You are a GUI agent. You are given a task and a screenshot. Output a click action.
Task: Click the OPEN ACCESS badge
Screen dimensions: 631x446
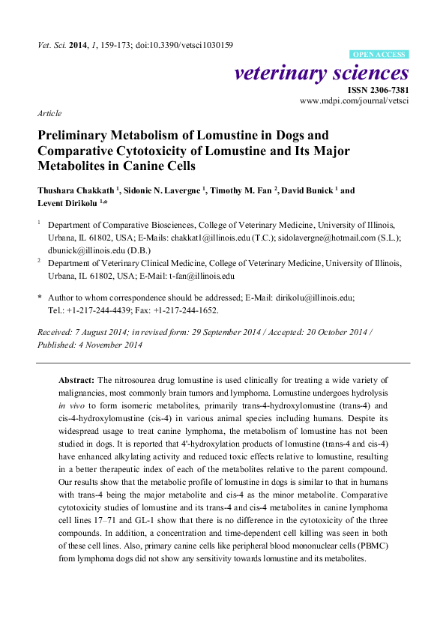379,55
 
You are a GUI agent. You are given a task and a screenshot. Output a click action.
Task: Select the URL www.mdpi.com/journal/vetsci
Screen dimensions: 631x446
355,100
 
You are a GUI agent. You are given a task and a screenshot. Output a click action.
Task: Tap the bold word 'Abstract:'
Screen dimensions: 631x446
76,381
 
